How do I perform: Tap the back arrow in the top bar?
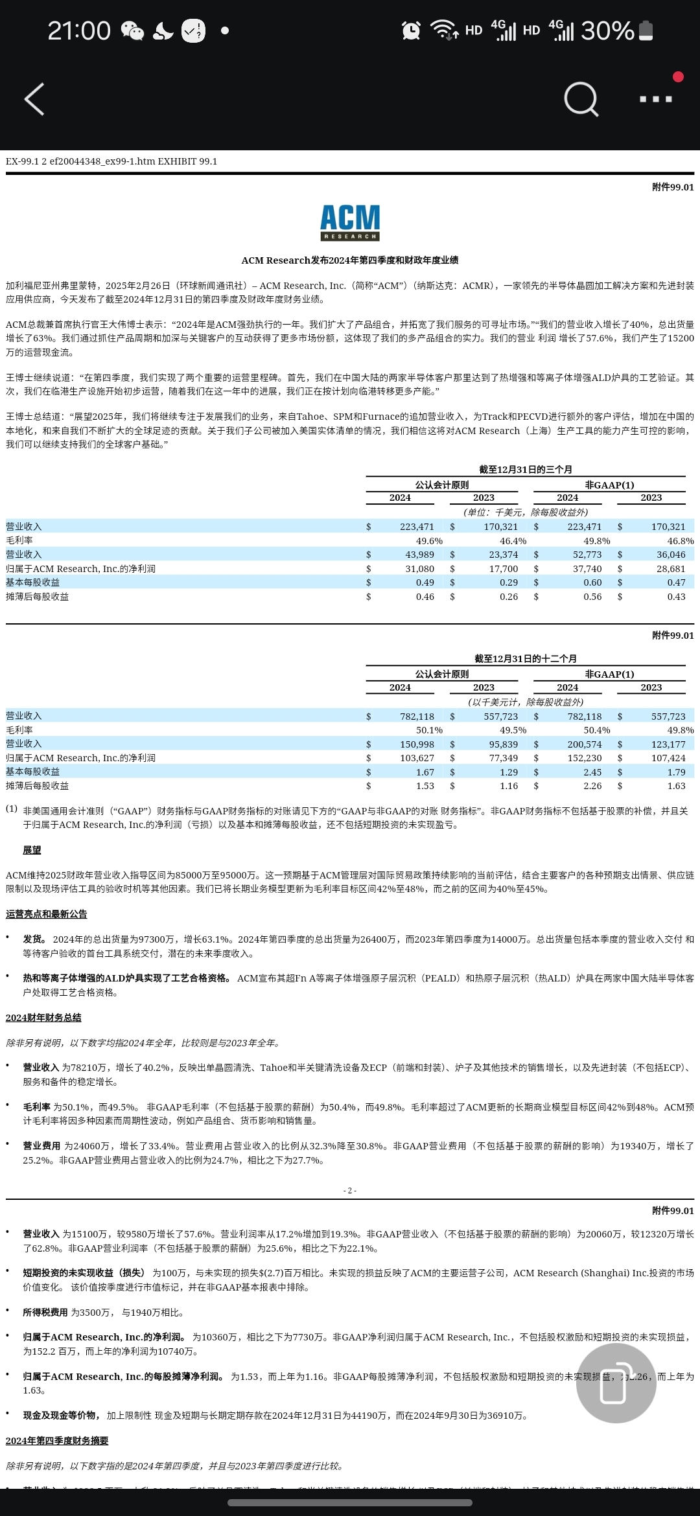pyautogui.click(x=34, y=99)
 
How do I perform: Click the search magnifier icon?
pyautogui.click(x=581, y=99)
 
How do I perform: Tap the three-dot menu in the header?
pyautogui.click(x=655, y=99)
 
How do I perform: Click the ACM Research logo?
pyautogui.click(x=350, y=222)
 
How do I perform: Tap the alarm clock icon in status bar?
pyautogui.click(x=411, y=30)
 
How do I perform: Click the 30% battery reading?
pyautogui.click(x=607, y=30)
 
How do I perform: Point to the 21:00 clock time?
pyautogui.click(x=79, y=30)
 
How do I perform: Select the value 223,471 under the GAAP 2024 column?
pyautogui.click(x=417, y=527)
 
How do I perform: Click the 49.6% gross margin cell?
pyautogui.click(x=429, y=541)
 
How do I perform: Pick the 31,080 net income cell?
pyautogui.click(x=419, y=569)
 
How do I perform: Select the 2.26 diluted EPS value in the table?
pyautogui.click(x=592, y=786)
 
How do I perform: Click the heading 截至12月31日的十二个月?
pyautogui.click(x=526, y=659)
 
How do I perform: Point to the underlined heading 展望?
pyautogui.click(x=32, y=850)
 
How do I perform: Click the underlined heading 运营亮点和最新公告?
pyautogui.click(x=47, y=914)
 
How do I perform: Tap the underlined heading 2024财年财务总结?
pyautogui.click(x=43, y=1018)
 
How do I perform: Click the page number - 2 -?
pyautogui.click(x=350, y=1191)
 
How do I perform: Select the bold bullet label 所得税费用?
pyautogui.click(x=45, y=1312)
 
